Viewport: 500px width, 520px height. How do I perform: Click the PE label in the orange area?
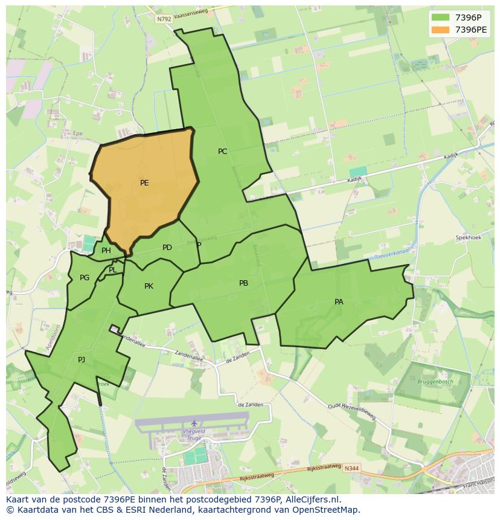(144, 183)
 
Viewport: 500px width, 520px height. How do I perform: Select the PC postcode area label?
(223, 152)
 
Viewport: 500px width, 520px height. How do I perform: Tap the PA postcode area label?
(339, 302)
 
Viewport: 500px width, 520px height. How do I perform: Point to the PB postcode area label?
(243, 283)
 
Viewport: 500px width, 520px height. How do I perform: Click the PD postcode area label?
(167, 248)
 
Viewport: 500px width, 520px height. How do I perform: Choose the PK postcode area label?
(149, 286)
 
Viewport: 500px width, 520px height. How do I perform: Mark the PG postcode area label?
(85, 278)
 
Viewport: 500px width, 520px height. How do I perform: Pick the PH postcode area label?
(106, 251)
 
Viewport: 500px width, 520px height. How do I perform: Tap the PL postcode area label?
(113, 270)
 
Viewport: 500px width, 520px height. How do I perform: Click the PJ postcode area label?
(82, 360)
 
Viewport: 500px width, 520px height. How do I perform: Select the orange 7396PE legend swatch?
(441, 30)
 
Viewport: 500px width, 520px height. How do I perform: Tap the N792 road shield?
(164, 19)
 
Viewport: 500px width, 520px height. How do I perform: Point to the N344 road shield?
(351, 467)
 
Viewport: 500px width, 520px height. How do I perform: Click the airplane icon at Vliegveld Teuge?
(194, 423)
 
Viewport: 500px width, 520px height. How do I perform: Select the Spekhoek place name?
(469, 238)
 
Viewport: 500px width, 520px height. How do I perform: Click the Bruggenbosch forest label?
(435, 382)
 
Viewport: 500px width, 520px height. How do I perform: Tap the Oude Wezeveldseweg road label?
(351, 411)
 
